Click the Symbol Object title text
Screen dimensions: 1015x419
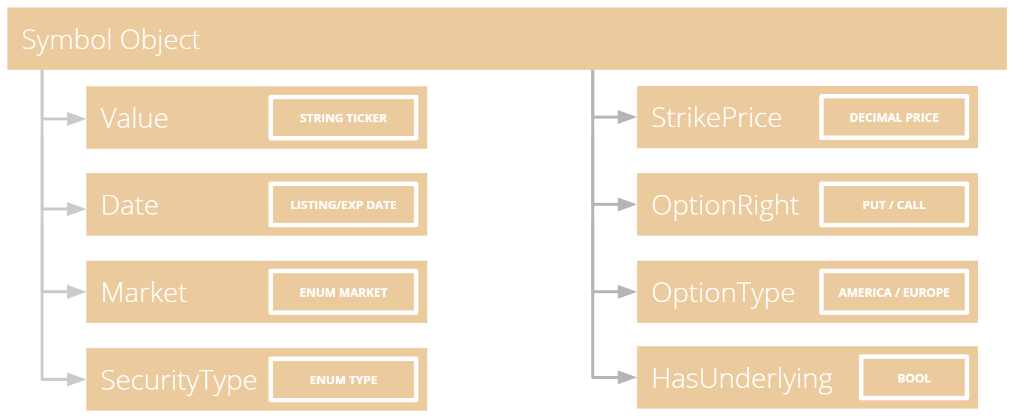tap(111, 40)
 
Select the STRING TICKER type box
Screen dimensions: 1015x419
tap(344, 117)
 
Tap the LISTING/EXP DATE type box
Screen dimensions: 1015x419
tap(344, 205)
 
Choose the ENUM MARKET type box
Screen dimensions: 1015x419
tap(344, 292)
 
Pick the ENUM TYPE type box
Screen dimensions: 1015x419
tap(344, 379)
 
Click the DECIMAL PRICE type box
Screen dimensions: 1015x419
tap(894, 117)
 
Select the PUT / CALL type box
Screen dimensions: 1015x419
tap(894, 205)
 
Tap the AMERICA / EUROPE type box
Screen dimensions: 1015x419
tap(894, 292)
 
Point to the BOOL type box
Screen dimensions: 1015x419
tap(914, 378)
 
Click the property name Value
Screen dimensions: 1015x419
tap(134, 118)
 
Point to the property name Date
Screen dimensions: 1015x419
tap(129, 205)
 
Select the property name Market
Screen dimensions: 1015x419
tap(144, 293)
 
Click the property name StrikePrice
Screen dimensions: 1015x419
tap(716, 117)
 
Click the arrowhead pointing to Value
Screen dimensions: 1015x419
tap(76, 119)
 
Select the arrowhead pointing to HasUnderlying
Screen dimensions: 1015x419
tap(627, 377)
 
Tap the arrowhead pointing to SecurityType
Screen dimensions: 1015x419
tap(76, 379)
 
